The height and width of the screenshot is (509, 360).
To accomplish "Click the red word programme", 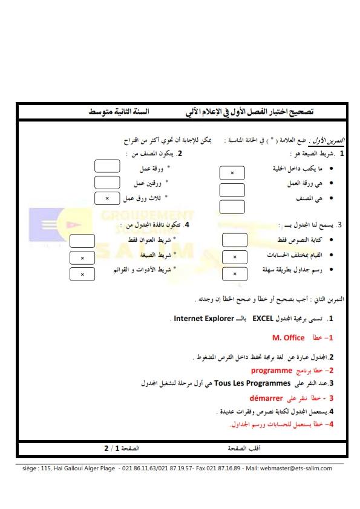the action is tap(272, 370).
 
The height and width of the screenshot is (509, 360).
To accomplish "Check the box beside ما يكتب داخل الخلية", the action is tap(232, 173).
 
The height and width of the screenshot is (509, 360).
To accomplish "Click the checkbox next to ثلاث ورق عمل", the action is tap(108, 198).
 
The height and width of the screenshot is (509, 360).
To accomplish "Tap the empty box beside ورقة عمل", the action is tap(108, 166).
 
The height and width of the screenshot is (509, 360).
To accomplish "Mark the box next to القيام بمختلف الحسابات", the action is tap(235, 258).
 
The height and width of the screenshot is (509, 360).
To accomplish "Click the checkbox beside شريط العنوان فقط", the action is tap(82, 241).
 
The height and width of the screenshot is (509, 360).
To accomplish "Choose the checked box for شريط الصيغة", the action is tap(82, 258).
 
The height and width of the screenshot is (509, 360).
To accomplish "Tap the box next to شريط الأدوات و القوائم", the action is tap(82, 274).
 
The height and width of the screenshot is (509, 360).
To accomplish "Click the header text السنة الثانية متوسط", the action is tap(119, 112).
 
